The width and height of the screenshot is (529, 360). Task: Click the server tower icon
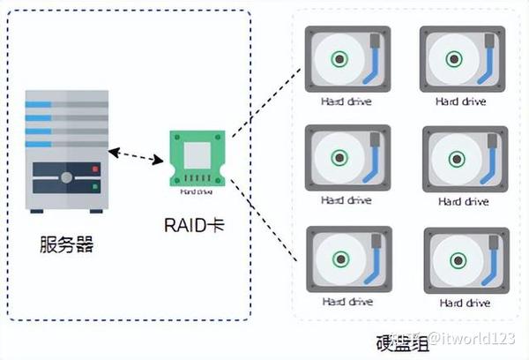(x=67, y=151)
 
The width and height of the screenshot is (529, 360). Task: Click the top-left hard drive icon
(x=346, y=59)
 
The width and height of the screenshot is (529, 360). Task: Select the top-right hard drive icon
(x=463, y=59)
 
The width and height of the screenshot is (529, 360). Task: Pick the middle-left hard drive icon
(x=346, y=159)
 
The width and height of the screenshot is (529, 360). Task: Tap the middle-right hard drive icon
(x=463, y=160)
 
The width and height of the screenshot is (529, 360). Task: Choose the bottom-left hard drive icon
(x=346, y=259)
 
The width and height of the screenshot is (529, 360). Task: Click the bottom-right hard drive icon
(x=463, y=260)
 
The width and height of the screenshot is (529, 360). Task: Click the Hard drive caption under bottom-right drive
(x=463, y=303)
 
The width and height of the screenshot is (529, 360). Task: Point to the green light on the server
(x=94, y=187)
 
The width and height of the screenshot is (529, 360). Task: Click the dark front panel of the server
(x=67, y=179)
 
